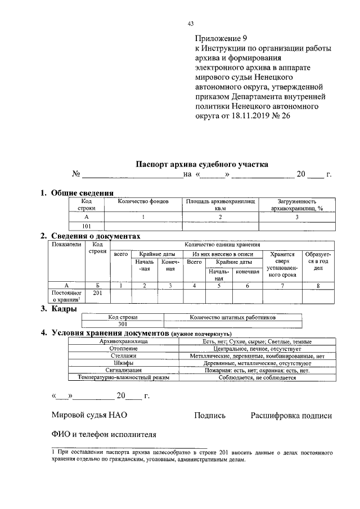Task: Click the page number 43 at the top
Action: pos(190,24)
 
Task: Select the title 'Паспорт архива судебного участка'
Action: pos(202,164)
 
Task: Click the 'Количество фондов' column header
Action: pos(143,201)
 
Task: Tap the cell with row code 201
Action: pos(97,293)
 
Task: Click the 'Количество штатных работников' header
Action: pos(233,317)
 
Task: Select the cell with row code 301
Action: pos(123,324)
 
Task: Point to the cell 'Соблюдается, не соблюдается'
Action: pos(258,378)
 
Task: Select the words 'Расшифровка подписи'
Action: pos(291,416)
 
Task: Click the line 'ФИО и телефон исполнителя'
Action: pos(103,435)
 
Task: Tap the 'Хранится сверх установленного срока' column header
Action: pos(282,265)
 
